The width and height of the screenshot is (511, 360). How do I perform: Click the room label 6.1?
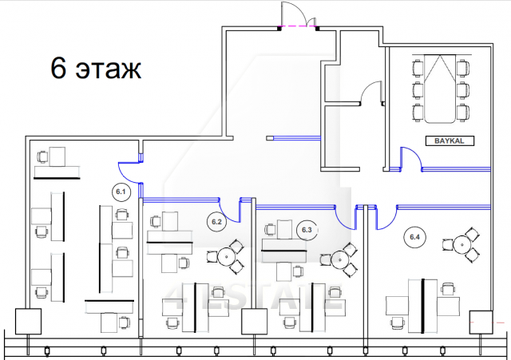(x=121, y=192)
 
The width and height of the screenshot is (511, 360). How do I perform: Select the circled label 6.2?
(x=216, y=221)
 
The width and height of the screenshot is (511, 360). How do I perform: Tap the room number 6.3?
(x=307, y=230)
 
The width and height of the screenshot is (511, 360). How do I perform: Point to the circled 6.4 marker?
(x=414, y=236)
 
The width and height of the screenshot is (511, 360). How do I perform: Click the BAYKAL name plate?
(x=450, y=141)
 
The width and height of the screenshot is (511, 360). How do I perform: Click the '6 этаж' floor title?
(x=97, y=69)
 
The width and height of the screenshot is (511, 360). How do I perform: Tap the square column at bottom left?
(x=27, y=321)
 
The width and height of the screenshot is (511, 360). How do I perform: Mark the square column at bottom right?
(x=482, y=321)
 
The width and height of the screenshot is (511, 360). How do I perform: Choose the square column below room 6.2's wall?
(x=255, y=321)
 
